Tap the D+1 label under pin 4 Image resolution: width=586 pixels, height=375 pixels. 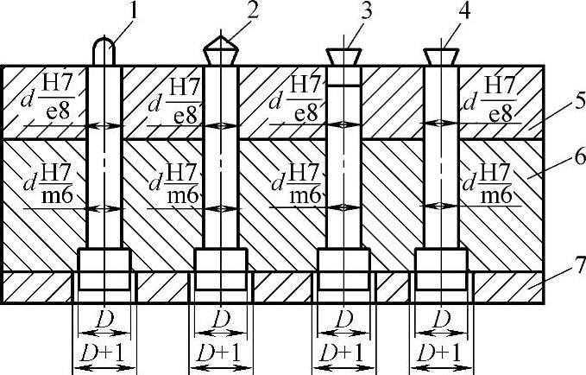pyautogui.click(x=441, y=353)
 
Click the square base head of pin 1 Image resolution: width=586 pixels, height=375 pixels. pyautogui.click(x=104, y=262)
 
